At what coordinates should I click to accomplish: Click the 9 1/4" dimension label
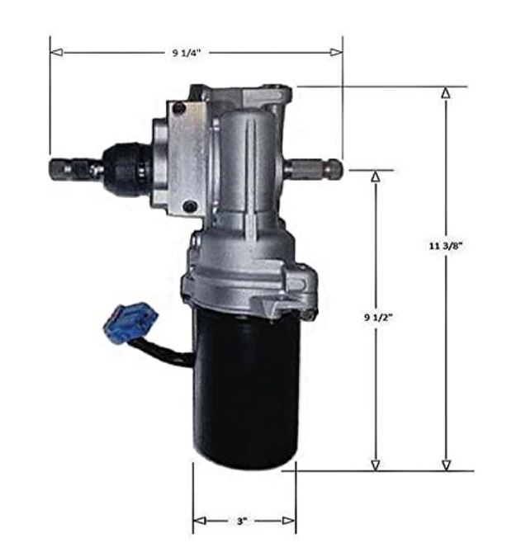(187, 53)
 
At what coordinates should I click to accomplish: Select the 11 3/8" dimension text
(446, 245)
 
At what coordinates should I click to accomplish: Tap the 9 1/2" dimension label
(378, 317)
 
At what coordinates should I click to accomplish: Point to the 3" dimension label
(242, 522)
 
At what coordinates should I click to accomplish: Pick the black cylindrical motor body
(246, 389)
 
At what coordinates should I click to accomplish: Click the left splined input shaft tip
(57, 169)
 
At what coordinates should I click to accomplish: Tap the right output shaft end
(335, 168)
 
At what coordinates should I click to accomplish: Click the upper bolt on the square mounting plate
(178, 108)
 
